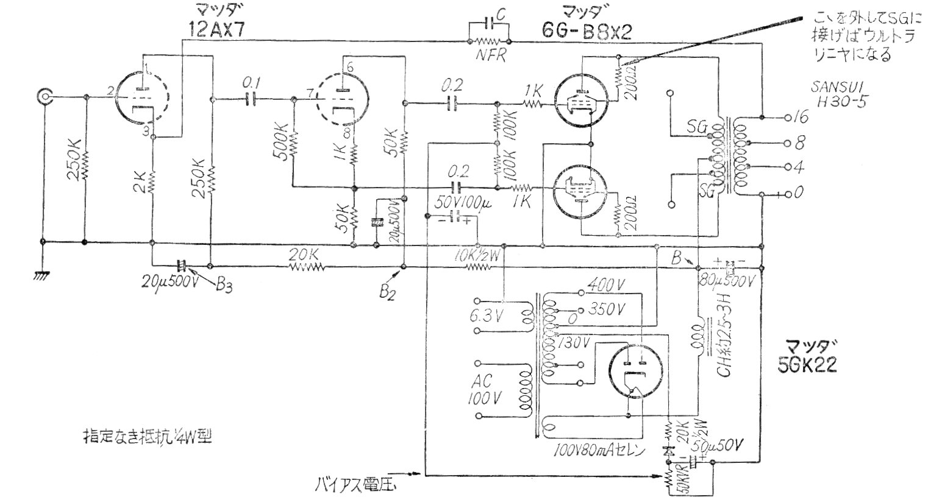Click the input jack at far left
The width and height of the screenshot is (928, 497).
click(45, 96)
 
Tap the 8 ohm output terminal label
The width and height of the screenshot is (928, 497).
click(800, 144)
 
